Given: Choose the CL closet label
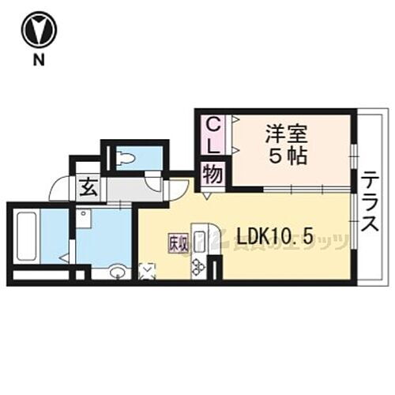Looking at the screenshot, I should point(213,135).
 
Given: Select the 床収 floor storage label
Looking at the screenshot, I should point(177,245).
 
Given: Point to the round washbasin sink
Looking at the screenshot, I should point(118,273).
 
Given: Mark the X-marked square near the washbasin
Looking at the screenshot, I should point(147,271).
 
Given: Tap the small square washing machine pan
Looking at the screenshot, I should point(85,216).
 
